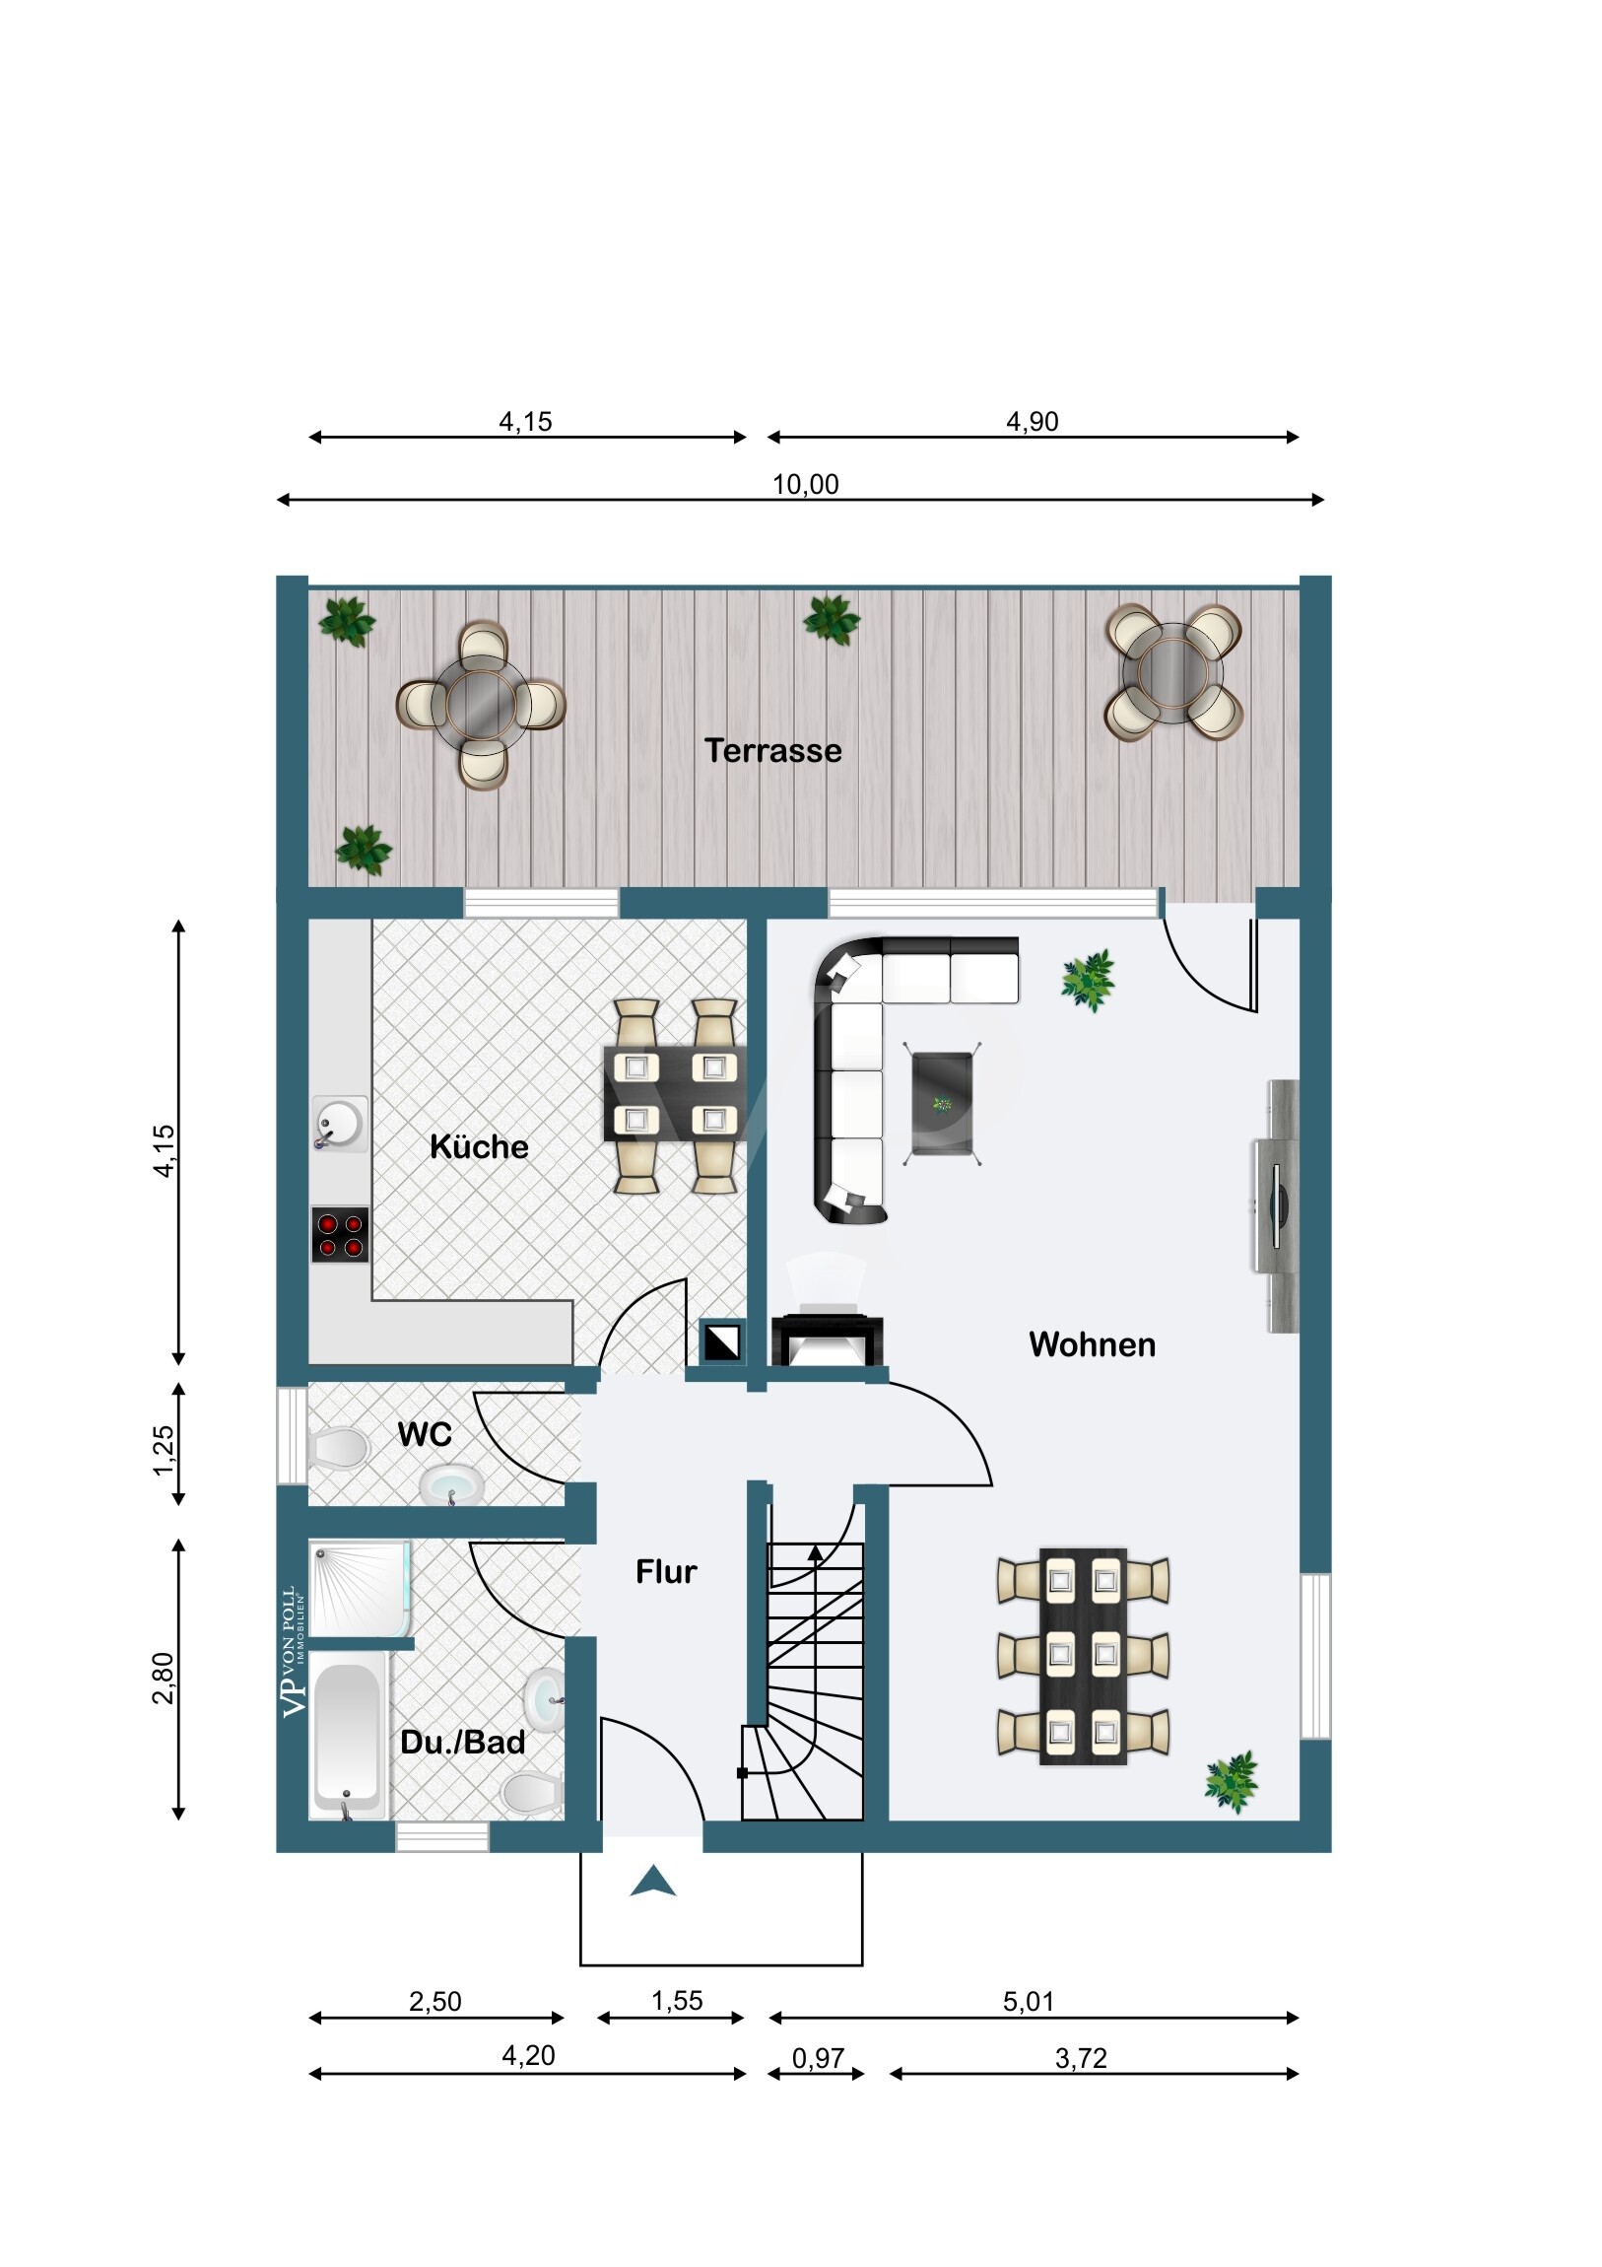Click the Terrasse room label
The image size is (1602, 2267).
(772, 750)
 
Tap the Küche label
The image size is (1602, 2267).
(479, 1146)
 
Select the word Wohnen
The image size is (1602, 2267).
(1092, 1343)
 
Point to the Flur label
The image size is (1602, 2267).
(666, 1572)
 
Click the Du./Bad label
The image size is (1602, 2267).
(463, 1742)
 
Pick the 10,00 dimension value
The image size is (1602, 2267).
(806, 484)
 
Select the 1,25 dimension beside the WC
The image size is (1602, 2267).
(163, 1451)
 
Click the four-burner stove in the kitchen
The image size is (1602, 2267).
(341, 1234)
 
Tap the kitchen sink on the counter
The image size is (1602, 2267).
(340, 1124)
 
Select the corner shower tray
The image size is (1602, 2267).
(360, 1589)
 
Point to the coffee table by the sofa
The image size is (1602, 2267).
(943, 1103)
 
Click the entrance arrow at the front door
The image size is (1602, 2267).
(653, 1881)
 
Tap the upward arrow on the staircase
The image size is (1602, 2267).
(816, 1554)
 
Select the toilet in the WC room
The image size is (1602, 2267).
(339, 1449)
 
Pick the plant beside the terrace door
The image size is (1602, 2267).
(1089, 980)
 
